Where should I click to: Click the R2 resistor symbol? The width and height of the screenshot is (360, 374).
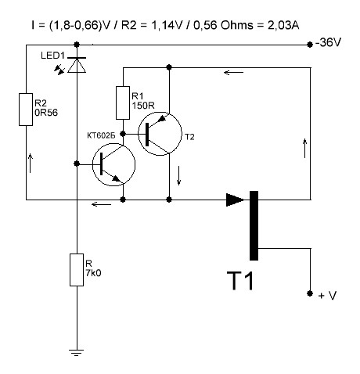pos(26,110)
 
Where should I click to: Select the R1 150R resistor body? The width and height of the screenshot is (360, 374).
pos(123,102)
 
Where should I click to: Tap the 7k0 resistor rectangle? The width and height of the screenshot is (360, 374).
pos(77,270)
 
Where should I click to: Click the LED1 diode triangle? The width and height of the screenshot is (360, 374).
pos(77,66)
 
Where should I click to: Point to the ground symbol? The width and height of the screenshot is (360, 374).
pos(77,353)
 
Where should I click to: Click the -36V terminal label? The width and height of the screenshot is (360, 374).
pos(328,42)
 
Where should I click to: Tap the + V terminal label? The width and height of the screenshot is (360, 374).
pos(328,296)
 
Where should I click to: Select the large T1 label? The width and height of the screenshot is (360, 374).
pos(240,281)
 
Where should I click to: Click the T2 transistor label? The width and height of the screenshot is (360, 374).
pos(189,137)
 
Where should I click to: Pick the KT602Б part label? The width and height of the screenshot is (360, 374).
pos(101,135)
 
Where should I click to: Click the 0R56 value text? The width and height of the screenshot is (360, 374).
pos(46,113)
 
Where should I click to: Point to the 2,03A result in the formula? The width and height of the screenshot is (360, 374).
pos(283,25)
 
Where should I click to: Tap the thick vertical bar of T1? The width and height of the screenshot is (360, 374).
pos(254,225)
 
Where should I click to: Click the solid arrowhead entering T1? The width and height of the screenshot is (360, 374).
pos(235,200)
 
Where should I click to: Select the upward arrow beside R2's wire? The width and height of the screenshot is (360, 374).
pos(31,164)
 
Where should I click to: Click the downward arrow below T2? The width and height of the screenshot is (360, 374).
pos(178,175)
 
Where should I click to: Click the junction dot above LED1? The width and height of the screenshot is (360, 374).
pos(77,45)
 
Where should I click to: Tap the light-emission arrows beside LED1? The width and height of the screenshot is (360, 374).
pos(59,70)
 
